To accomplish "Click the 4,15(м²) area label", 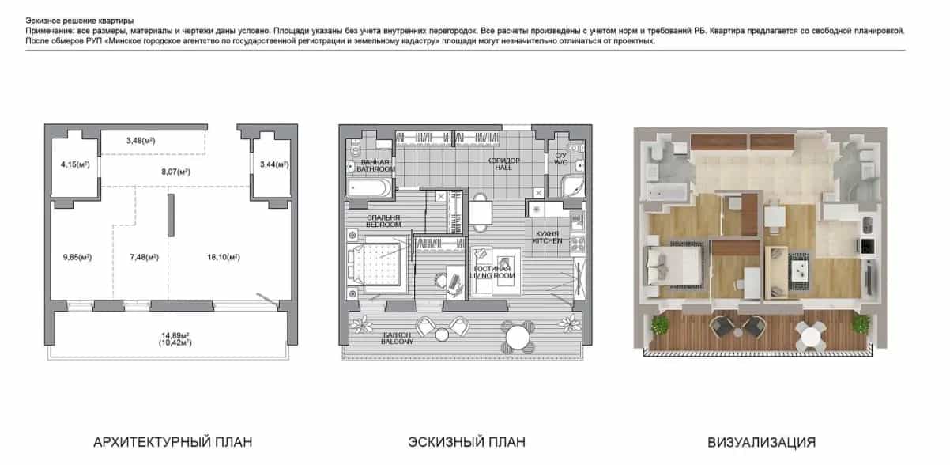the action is point(75,164).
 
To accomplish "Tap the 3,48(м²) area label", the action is point(141,141).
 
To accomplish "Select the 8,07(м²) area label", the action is point(175,172).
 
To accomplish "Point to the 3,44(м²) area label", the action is point(274,164).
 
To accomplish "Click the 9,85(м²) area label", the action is point(77,257).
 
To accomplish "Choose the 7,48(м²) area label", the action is point(144,257).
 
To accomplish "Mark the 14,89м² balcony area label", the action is point(175,335).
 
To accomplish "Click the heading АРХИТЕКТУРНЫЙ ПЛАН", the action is point(172,442).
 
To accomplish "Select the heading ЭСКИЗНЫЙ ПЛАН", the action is point(466,442).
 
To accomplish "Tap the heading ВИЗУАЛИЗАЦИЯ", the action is point(761,442).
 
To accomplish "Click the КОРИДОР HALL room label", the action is point(503,164).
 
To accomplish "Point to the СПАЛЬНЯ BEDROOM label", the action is point(383,221).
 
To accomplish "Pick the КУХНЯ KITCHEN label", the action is point(547,237).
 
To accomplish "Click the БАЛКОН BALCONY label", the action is point(397,338).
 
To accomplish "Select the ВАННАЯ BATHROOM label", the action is point(375,165).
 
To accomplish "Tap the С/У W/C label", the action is point(560,159).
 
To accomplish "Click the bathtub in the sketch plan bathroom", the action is point(369,187).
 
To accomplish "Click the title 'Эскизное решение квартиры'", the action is point(79,21).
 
